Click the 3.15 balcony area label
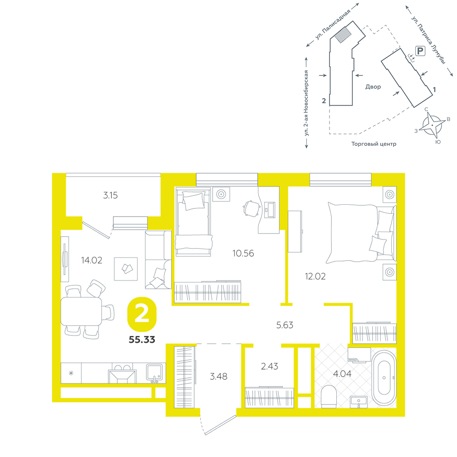coord(111,195)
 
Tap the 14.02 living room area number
coord(91,260)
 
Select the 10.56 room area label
coord(243,253)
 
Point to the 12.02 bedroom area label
coord(315,276)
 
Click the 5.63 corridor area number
coord(285,325)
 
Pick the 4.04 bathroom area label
coord(342,374)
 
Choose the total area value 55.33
coord(142,340)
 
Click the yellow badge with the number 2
coord(142,314)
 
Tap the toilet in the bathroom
coord(329,397)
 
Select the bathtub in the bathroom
coord(384,378)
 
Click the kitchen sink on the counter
coord(154,373)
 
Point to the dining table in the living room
coord(81,311)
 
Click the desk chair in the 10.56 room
coord(251,208)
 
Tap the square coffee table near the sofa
coord(126,269)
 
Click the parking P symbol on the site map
coord(420,51)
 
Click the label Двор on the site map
coord(373,87)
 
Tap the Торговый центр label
coord(374,144)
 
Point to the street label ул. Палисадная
coord(333,25)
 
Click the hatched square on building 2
coord(343,35)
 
